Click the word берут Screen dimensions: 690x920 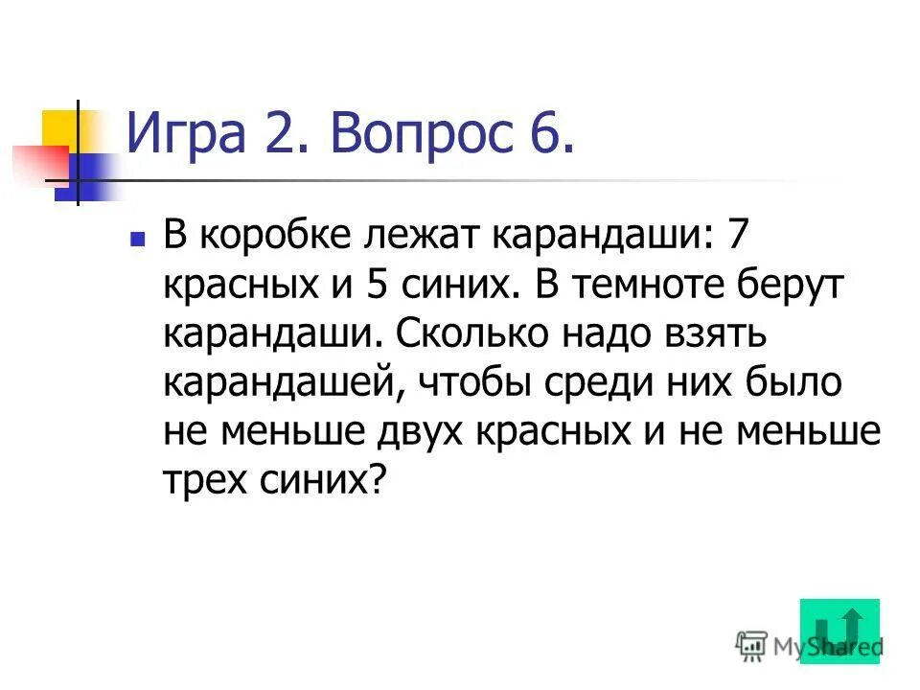pyautogui.click(x=787, y=286)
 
